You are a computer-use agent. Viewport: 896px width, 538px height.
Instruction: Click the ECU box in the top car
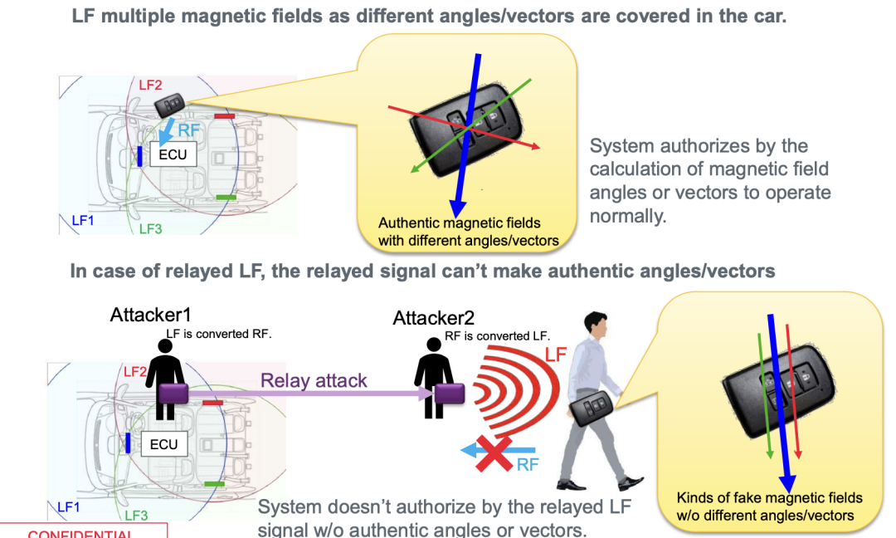pyautogui.click(x=173, y=154)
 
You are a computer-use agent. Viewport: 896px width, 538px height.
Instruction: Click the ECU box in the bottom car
pyautogui.click(x=163, y=444)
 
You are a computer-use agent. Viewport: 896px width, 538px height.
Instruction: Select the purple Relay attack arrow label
pyautogui.click(x=314, y=381)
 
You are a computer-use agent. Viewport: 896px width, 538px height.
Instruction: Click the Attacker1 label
pyautogui.click(x=150, y=315)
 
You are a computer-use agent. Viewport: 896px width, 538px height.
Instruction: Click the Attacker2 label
pyautogui.click(x=433, y=318)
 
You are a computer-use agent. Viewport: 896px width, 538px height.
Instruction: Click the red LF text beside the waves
pyautogui.click(x=556, y=355)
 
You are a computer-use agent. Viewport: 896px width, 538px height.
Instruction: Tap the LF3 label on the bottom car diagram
pyautogui.click(x=137, y=516)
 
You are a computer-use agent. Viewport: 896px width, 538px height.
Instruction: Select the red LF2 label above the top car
pyautogui.click(x=150, y=85)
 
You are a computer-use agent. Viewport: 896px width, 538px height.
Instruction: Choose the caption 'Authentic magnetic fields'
pyautogui.click(x=459, y=223)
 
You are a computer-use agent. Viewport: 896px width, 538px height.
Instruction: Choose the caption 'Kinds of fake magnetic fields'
pyautogui.click(x=770, y=498)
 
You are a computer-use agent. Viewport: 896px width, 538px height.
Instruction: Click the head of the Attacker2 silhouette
pyautogui.click(x=433, y=345)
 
